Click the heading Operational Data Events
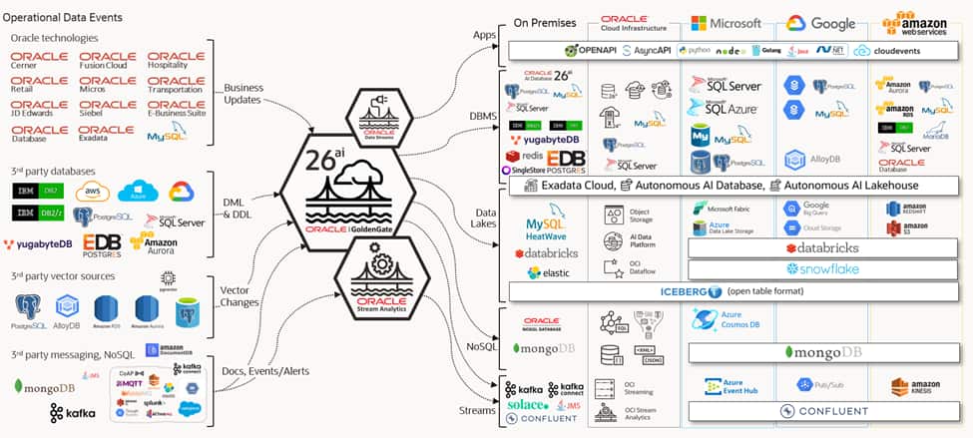click(x=67, y=17)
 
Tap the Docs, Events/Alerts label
click(x=266, y=371)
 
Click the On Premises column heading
click(x=547, y=22)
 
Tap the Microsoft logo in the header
click(x=726, y=23)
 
